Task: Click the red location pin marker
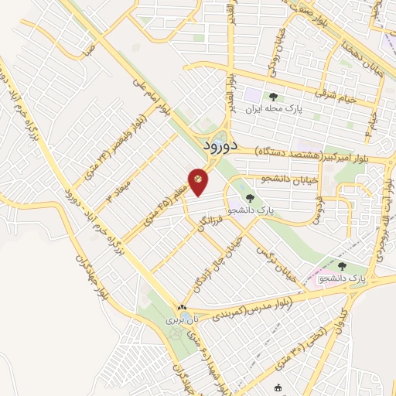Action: (198, 181)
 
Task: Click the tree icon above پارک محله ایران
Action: (273, 97)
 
